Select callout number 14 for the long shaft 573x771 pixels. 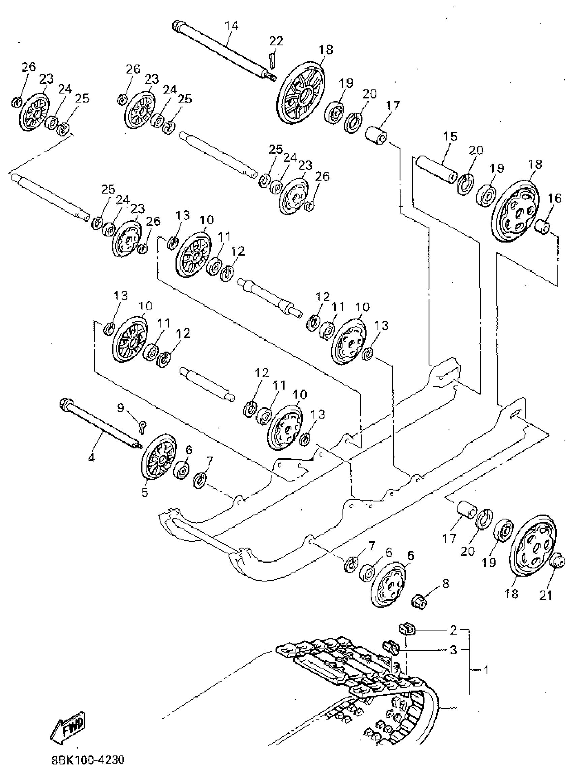point(231,26)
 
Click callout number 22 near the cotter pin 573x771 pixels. point(276,41)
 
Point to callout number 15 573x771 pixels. point(450,136)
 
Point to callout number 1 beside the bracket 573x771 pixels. point(486,670)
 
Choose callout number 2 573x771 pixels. point(453,630)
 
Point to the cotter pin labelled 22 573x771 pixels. point(272,60)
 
